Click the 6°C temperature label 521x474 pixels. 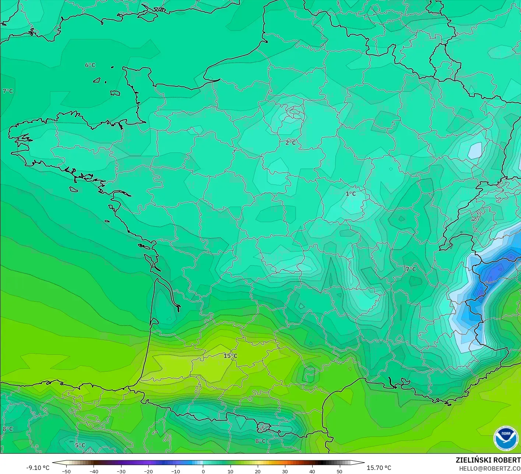[x=90, y=65]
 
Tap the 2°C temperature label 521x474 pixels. [x=291, y=143]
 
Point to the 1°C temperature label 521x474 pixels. [x=351, y=194]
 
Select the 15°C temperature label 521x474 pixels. [x=230, y=356]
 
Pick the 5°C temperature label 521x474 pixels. [x=80, y=445]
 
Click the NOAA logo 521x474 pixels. [x=506, y=438]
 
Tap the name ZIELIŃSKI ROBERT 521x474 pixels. [x=488, y=460]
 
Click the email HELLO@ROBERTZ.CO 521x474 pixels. [x=490, y=468]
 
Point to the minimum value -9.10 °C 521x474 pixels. [x=38, y=468]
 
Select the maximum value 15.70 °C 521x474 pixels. [x=379, y=468]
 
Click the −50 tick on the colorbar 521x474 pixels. [x=66, y=471]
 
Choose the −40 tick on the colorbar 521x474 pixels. [x=94, y=471]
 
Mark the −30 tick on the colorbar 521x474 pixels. [x=121, y=471]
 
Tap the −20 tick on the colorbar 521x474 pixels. [x=148, y=471]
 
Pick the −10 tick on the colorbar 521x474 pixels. [x=176, y=471]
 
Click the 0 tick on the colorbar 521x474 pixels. [x=203, y=471]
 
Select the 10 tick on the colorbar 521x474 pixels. [x=230, y=471]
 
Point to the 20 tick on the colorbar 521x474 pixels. [x=257, y=471]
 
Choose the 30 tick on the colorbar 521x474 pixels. [x=285, y=471]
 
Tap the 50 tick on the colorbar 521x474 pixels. [x=339, y=471]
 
